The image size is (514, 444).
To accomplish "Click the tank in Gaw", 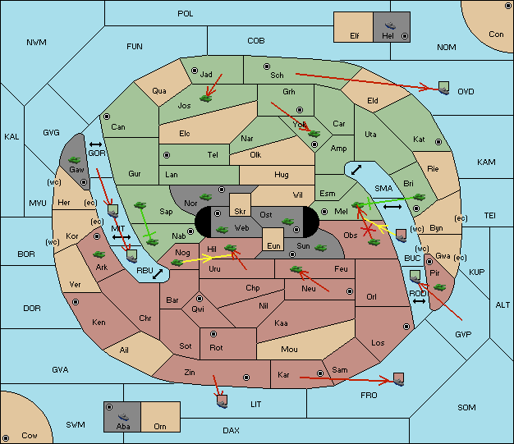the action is (x=75, y=160).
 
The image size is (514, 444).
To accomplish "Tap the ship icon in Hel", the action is (x=390, y=25).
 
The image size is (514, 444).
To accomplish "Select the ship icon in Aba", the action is (x=123, y=416).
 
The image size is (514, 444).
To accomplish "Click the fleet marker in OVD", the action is (x=444, y=88).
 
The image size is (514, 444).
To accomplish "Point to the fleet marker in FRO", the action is (x=398, y=379).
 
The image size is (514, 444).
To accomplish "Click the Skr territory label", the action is (x=240, y=212).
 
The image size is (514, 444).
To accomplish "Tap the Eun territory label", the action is (x=273, y=245).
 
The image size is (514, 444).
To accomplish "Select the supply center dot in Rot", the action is (x=213, y=334).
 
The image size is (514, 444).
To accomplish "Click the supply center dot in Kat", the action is (x=438, y=142).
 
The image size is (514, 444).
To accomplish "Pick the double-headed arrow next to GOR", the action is (x=95, y=144).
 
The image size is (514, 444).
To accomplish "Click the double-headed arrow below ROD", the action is (x=419, y=301).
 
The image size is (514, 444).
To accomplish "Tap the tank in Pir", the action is (x=439, y=287).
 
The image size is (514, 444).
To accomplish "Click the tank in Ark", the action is (x=99, y=254).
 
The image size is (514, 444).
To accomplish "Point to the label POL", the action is (x=186, y=14).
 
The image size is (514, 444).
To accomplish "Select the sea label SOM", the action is (x=466, y=407).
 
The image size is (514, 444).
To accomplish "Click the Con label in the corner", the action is (x=496, y=34).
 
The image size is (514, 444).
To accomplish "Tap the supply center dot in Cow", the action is (x=6, y=438).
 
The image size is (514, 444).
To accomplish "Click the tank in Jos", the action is (x=206, y=98).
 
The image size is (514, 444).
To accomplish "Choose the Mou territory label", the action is (x=289, y=350).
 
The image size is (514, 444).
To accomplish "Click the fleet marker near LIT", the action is (x=223, y=401).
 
